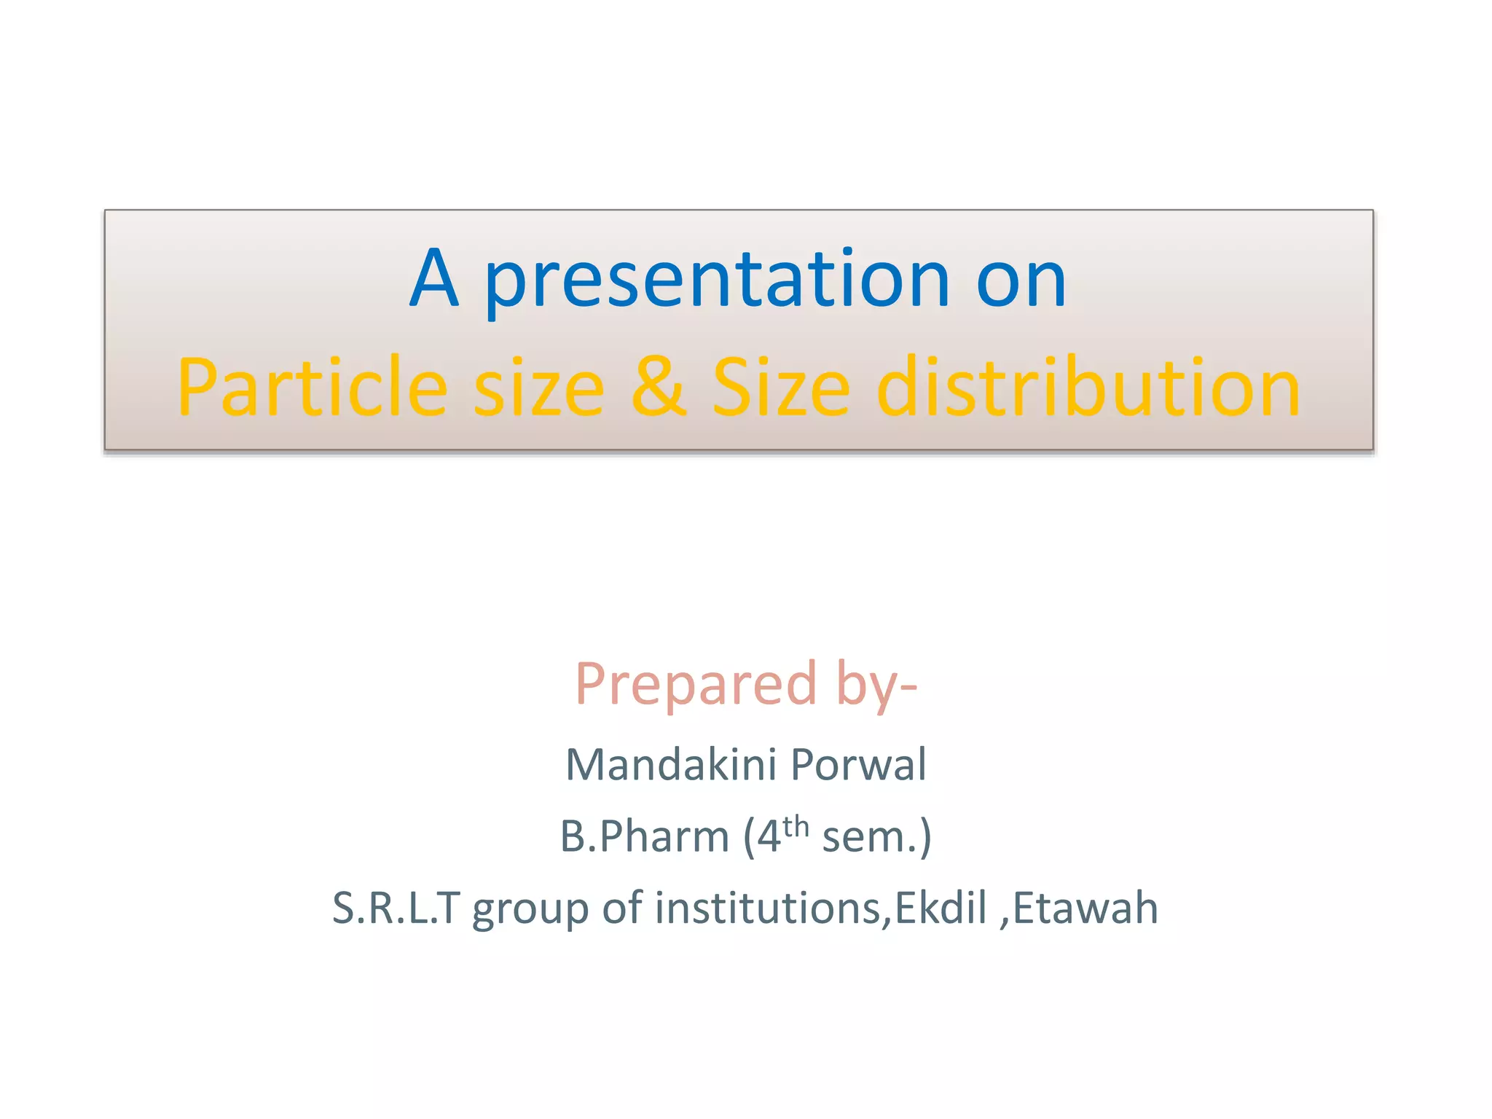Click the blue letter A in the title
[434, 278]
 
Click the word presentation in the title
[718, 280]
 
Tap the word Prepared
[696, 685]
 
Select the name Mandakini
[671, 765]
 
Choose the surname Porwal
[858, 765]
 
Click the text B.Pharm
[644, 836]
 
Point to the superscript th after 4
[796, 827]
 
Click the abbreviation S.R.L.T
[396, 908]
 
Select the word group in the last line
[530, 910]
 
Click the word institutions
[768, 908]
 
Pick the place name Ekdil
[940, 908]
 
